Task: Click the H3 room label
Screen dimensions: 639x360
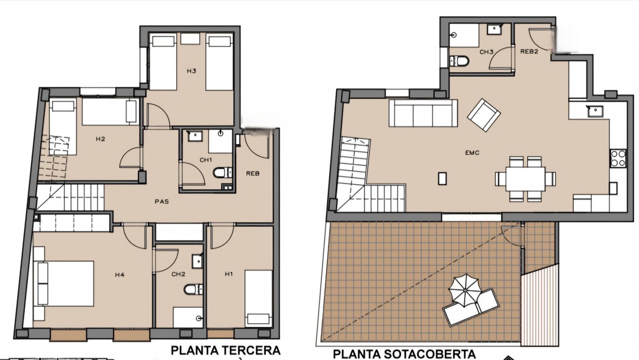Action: tap(191, 71)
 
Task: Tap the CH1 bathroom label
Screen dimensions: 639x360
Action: tap(206, 160)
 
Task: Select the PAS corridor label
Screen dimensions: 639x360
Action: tap(162, 201)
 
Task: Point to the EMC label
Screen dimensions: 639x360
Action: tap(472, 153)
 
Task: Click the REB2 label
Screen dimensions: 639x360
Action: tap(529, 52)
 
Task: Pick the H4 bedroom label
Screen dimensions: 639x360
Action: tap(120, 275)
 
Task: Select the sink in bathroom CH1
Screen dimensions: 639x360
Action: tap(195, 136)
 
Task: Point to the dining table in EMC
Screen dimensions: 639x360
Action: tap(526, 179)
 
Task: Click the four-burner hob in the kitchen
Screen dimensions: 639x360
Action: tap(618, 158)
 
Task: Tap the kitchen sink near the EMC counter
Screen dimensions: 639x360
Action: tap(595, 111)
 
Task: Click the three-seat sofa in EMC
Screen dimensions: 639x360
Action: tap(423, 113)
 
